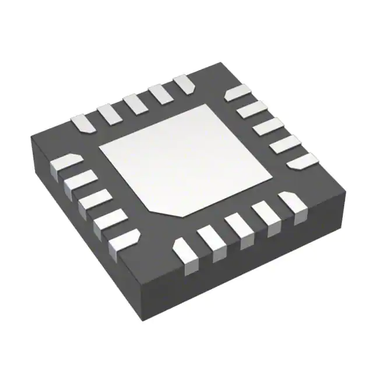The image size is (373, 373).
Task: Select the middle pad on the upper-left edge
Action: coord(135,104)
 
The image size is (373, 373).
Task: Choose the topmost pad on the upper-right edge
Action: coord(238,93)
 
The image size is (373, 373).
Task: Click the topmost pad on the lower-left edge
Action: coord(65,164)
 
